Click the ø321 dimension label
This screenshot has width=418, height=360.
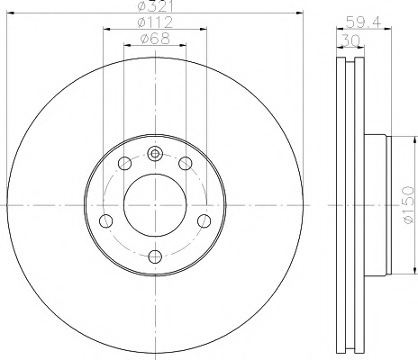pyautogui.click(x=155, y=6)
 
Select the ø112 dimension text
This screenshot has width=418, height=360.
pyautogui.click(x=155, y=22)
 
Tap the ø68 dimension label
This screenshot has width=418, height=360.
pyautogui.click(x=155, y=39)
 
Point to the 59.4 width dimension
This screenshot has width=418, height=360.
pyautogui.click(x=363, y=22)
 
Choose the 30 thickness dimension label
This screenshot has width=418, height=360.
pyautogui.click(x=350, y=40)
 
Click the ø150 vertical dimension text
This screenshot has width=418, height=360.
pyautogui.click(x=409, y=205)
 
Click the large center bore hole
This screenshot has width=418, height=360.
pyautogui.click(x=155, y=205)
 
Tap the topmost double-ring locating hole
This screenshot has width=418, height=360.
pyautogui.click(x=155, y=154)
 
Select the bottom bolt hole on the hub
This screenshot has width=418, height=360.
pyautogui.click(x=155, y=256)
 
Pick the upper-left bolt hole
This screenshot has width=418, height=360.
pyautogui.click(x=125, y=164)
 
